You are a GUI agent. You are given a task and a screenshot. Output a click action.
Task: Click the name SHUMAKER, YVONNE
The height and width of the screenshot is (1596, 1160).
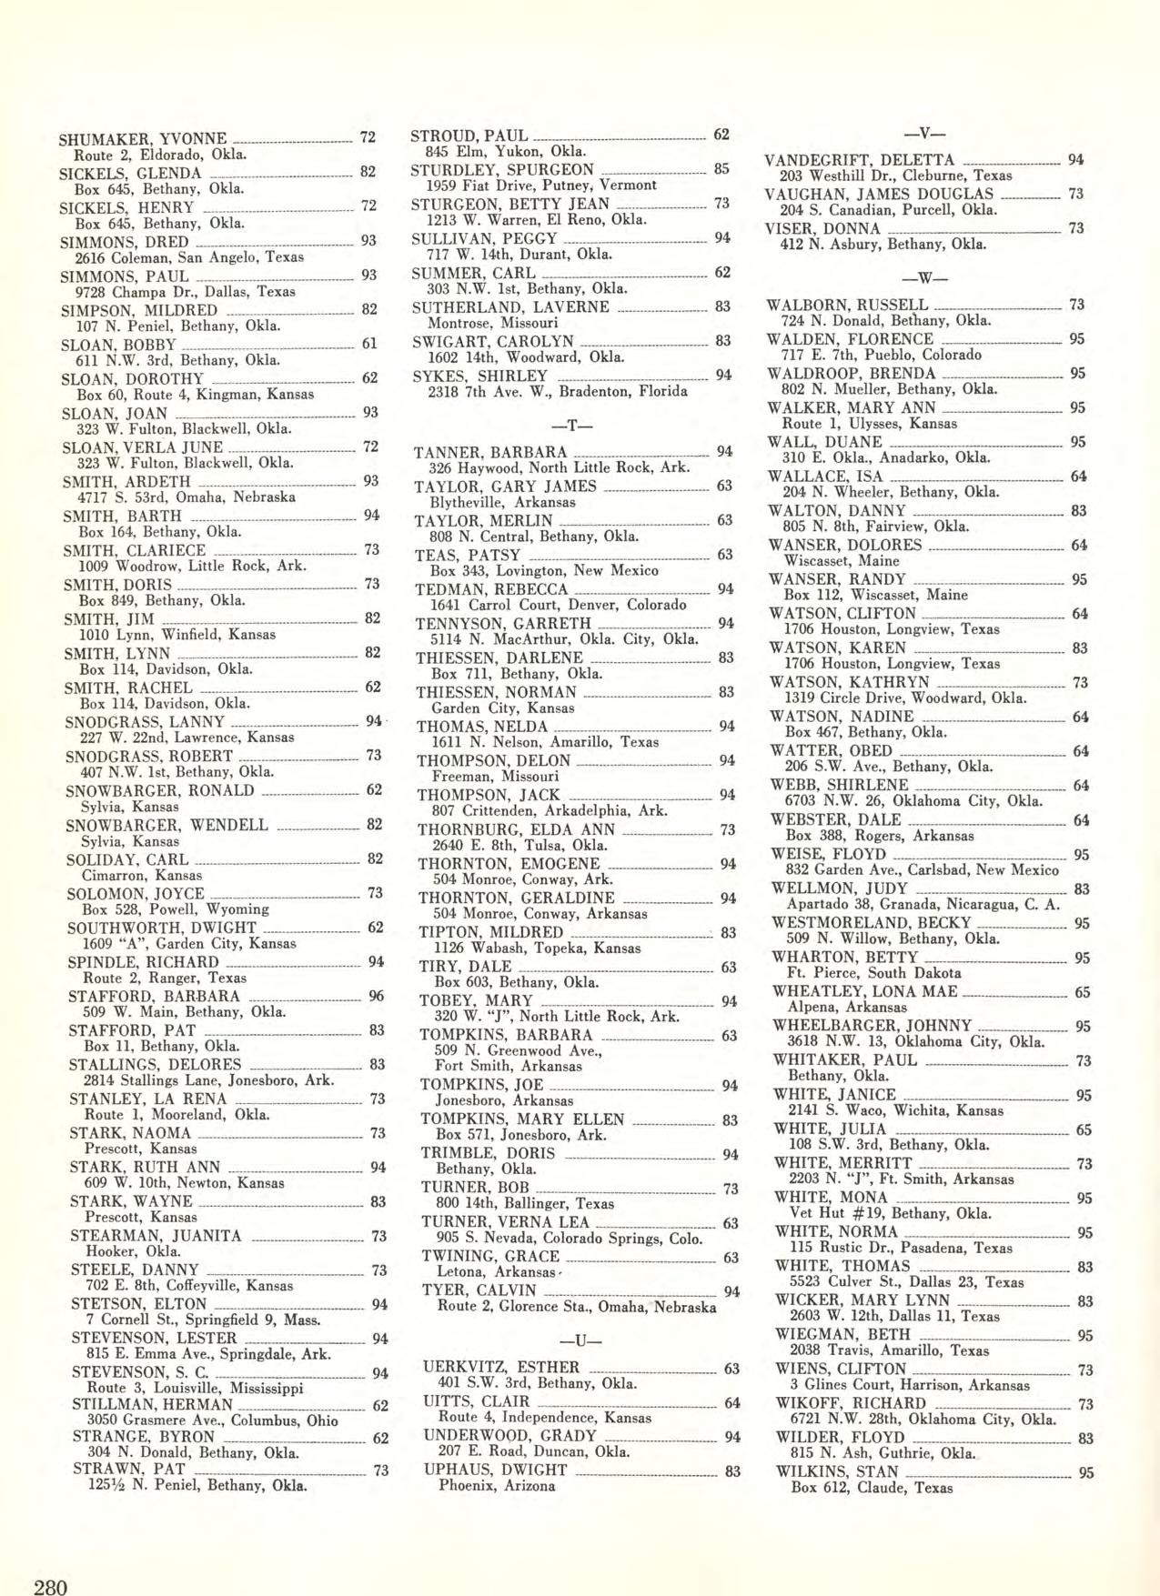(x=142, y=139)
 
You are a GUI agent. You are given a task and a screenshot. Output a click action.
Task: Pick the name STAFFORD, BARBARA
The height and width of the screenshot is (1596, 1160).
(x=154, y=996)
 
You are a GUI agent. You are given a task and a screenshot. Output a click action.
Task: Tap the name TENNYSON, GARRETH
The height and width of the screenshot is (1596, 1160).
(x=502, y=623)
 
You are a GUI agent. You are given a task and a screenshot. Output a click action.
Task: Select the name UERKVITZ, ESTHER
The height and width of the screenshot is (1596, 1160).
(x=501, y=1366)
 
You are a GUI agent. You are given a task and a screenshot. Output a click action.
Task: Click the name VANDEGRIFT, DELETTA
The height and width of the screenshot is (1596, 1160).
(x=860, y=160)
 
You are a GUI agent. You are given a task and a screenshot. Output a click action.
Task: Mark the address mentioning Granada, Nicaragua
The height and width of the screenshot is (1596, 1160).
(x=923, y=904)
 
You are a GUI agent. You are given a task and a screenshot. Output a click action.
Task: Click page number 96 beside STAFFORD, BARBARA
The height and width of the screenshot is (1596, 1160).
(x=376, y=996)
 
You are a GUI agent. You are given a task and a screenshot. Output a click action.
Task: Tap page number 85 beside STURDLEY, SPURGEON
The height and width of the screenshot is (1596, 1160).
(x=721, y=169)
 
